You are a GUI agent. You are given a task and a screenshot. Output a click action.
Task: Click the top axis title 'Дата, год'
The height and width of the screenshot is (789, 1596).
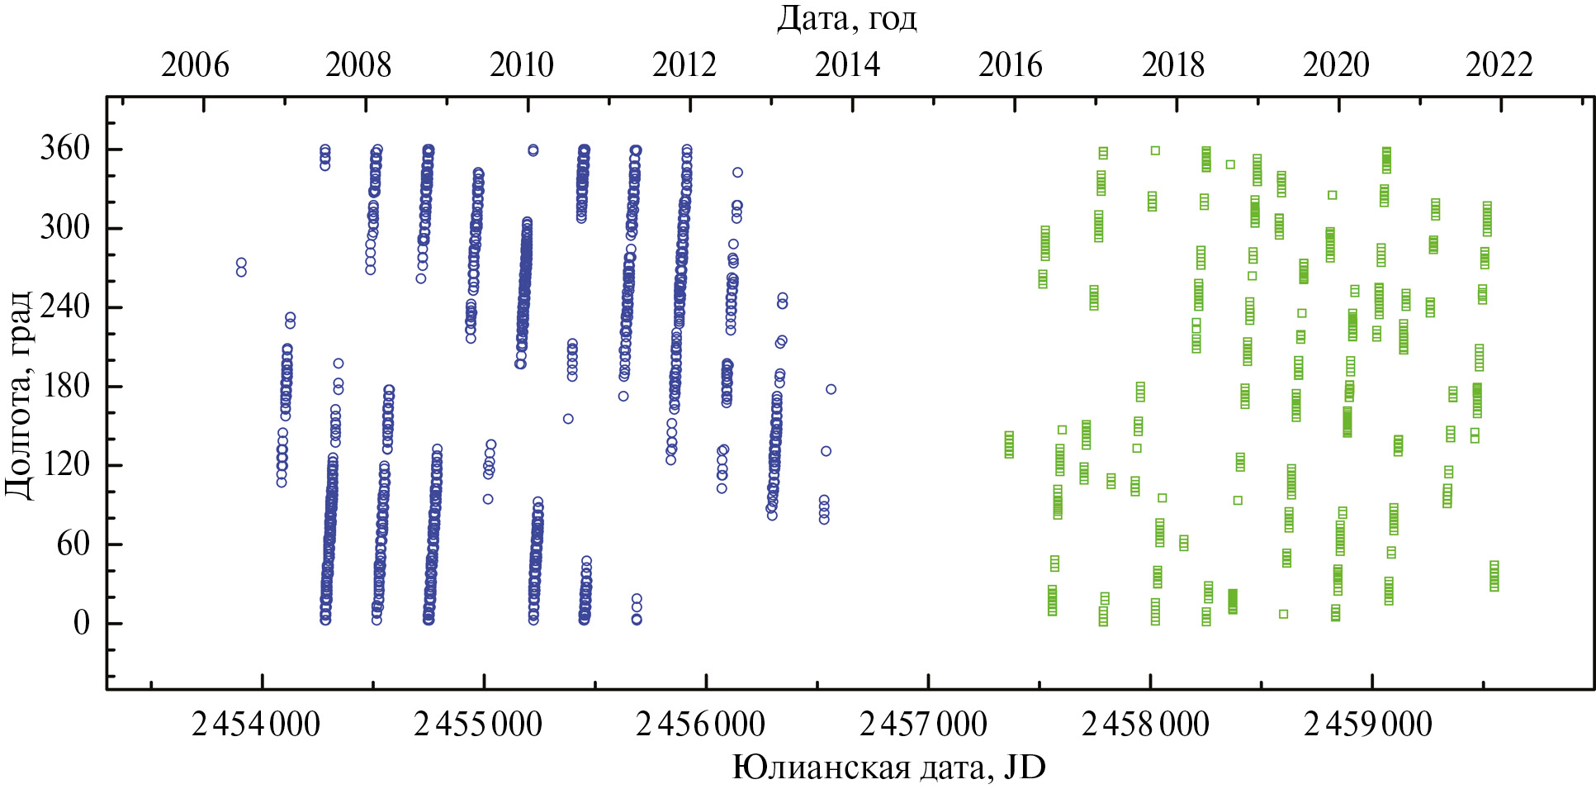[x=846, y=17]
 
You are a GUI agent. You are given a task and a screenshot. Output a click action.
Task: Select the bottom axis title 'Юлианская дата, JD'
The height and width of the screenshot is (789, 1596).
[x=888, y=767]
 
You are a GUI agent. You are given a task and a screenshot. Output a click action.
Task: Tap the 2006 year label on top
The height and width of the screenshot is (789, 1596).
[x=195, y=65]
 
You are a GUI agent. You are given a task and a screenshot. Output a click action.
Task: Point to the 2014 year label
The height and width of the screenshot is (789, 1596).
[x=848, y=65]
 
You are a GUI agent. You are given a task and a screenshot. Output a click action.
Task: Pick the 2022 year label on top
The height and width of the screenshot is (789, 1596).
[x=1499, y=65]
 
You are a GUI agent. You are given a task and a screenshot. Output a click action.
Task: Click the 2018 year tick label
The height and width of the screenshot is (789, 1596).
[x=1173, y=65]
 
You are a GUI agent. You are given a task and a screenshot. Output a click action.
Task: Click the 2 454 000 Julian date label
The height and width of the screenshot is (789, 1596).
[x=256, y=725]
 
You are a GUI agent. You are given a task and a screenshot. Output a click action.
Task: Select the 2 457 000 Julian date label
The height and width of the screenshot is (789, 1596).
[x=923, y=725]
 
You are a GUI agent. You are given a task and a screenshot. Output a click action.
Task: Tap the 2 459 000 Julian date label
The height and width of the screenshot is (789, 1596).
[x=1368, y=725]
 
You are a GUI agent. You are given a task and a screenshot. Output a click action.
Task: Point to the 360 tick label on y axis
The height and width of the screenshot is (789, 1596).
[x=64, y=149]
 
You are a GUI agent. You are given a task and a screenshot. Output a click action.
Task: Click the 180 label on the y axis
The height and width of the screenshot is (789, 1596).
[x=64, y=386]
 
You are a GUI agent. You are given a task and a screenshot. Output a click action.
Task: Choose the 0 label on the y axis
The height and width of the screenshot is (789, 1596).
[x=81, y=623]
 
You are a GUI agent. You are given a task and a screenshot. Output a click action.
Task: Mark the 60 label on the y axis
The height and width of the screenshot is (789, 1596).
[x=73, y=544]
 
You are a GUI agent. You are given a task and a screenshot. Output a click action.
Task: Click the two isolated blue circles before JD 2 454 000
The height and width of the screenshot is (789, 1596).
[x=241, y=267]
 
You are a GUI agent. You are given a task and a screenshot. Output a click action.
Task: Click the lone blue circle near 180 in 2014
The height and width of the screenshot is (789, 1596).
[x=831, y=389]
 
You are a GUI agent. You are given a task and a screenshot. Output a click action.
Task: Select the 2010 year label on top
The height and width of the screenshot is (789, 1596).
[x=521, y=65]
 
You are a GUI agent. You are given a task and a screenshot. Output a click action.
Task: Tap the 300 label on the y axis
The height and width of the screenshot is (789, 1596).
[x=64, y=227]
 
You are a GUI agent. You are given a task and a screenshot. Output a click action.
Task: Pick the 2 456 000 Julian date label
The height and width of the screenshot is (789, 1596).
[x=701, y=725]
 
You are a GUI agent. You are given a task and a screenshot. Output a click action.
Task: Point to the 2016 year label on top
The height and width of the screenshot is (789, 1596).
[x=1011, y=65]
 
